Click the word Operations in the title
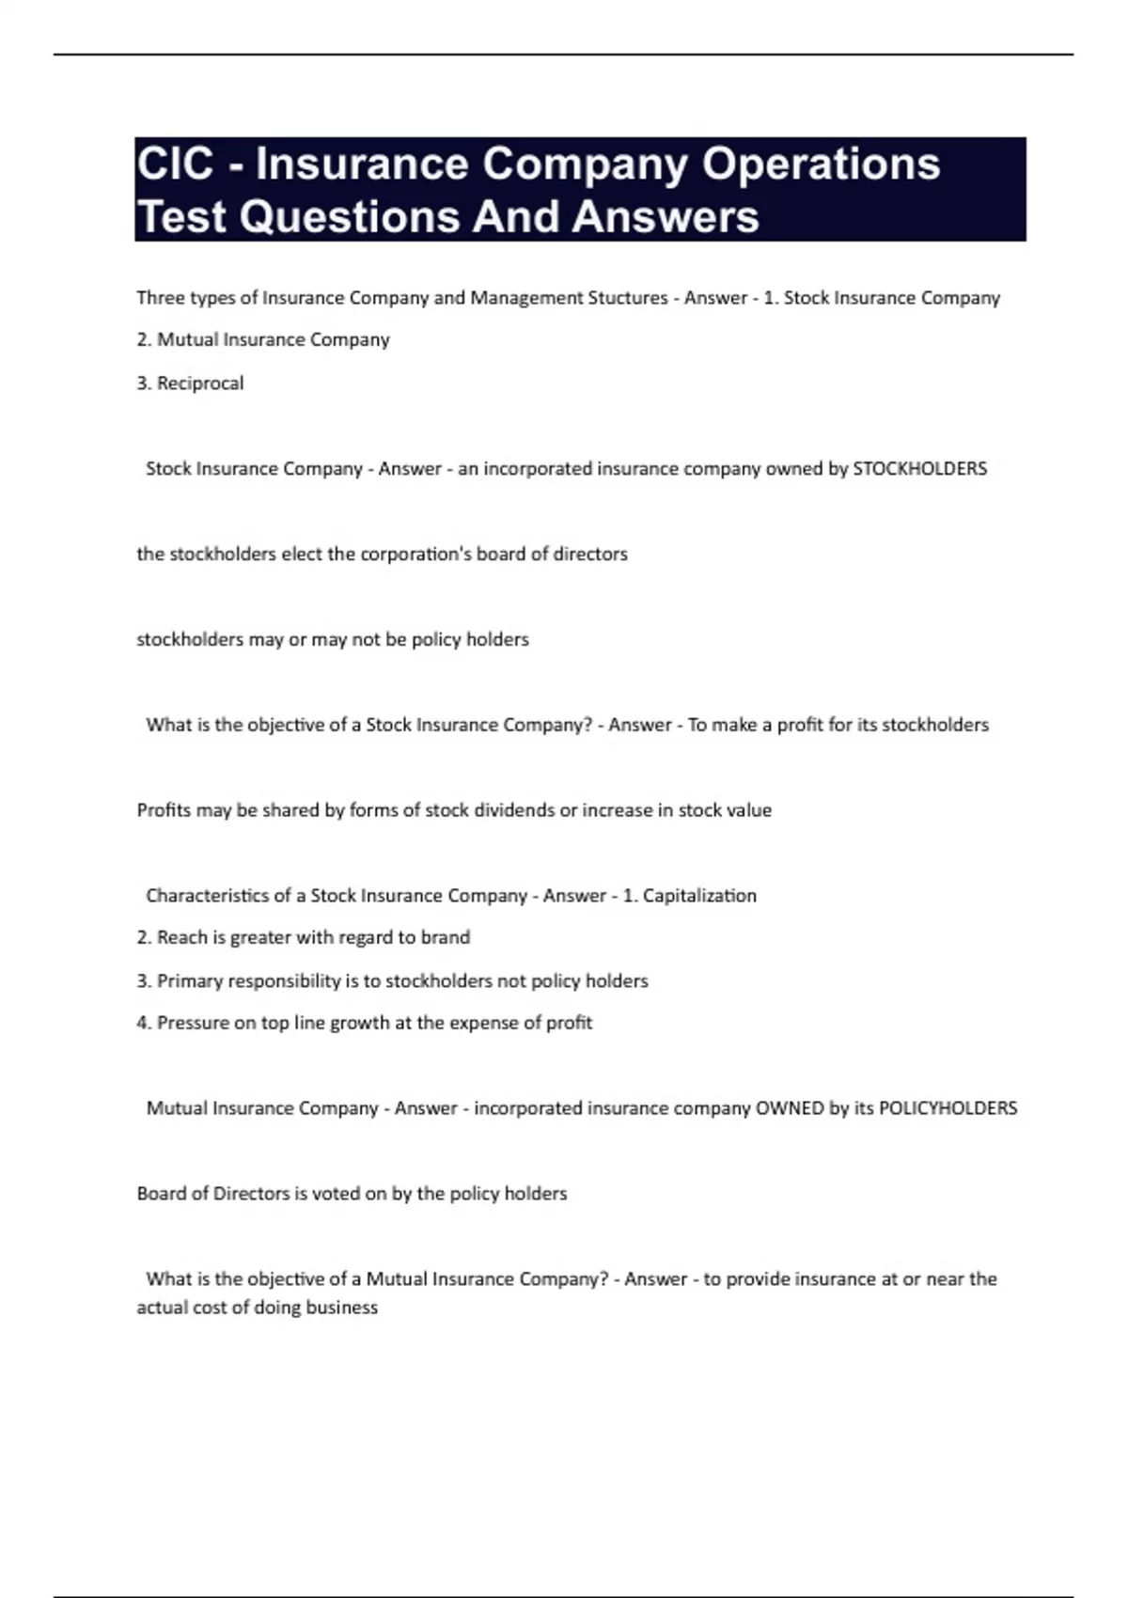point(821,164)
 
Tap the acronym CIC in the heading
point(175,164)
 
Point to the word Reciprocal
point(200,384)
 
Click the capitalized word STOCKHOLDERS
point(919,469)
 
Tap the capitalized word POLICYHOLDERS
point(948,1108)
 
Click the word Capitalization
point(699,896)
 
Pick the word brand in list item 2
point(446,937)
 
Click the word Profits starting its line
point(164,810)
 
